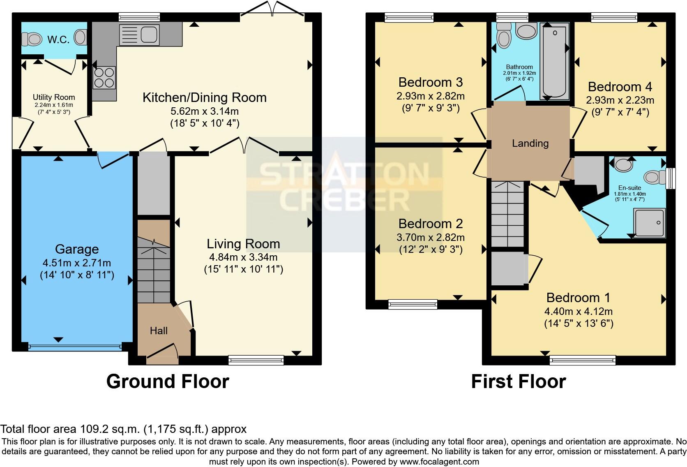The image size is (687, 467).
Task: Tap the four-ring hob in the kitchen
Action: pyautogui.click(x=104, y=77)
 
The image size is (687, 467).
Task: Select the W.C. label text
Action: pyautogui.click(x=58, y=39)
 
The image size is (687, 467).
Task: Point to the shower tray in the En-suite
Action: pyautogui.click(x=649, y=223)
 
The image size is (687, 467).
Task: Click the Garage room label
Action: pyautogui.click(x=77, y=249)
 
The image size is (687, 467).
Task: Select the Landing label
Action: pyautogui.click(x=530, y=143)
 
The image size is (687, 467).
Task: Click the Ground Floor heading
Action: pyautogui.click(x=168, y=381)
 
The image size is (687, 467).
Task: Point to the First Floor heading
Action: pyautogui.click(x=518, y=381)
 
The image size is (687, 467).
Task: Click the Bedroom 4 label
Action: pyautogui.click(x=620, y=87)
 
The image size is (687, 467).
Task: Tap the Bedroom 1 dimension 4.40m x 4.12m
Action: pyautogui.click(x=579, y=311)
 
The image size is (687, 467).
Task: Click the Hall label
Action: pyautogui.click(x=159, y=331)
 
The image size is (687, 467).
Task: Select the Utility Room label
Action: pyautogui.click(x=54, y=97)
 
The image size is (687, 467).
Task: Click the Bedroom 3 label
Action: pyautogui.click(x=430, y=82)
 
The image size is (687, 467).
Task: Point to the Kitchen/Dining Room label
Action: pyautogui.click(x=204, y=97)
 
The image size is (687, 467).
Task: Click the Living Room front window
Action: pyautogui.click(x=256, y=361)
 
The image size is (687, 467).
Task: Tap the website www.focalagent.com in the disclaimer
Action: pyautogui.click(x=439, y=462)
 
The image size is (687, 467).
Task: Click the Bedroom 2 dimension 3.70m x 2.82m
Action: pyautogui.click(x=430, y=238)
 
